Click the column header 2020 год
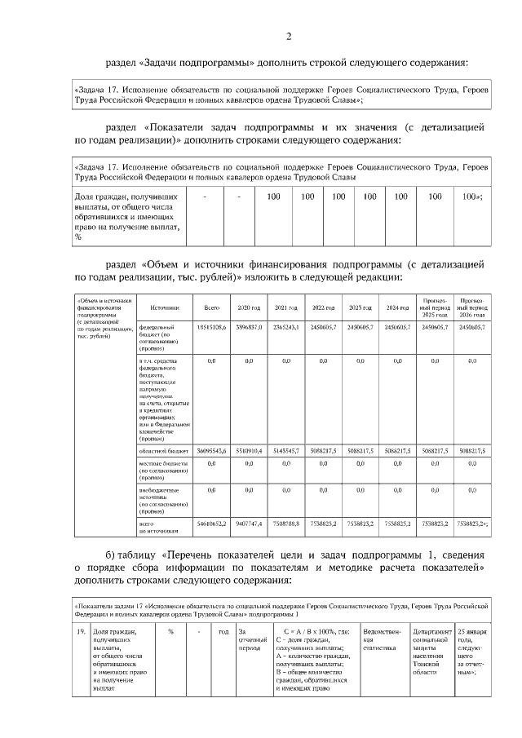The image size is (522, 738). click(248, 307)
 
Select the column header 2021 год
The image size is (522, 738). click(285, 307)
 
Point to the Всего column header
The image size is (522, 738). click(211, 307)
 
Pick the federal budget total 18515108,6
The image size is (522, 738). click(211, 326)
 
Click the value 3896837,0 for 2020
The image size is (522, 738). click(248, 326)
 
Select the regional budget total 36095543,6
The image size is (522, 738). click(211, 449)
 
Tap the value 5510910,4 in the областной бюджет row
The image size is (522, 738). click(248, 449)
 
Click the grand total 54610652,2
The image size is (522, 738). click(211, 522)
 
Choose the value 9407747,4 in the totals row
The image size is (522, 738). click(248, 522)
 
